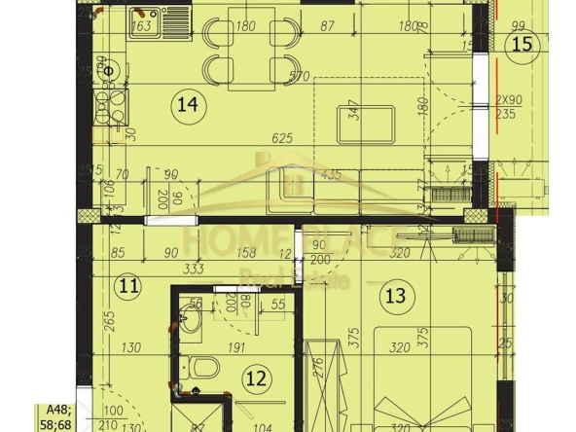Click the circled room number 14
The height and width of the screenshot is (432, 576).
[181, 102]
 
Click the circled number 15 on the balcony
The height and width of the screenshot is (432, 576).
[523, 44]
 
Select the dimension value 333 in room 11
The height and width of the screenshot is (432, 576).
[193, 269]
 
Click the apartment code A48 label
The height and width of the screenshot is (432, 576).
[47, 412]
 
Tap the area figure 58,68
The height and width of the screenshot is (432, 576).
[53, 425]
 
